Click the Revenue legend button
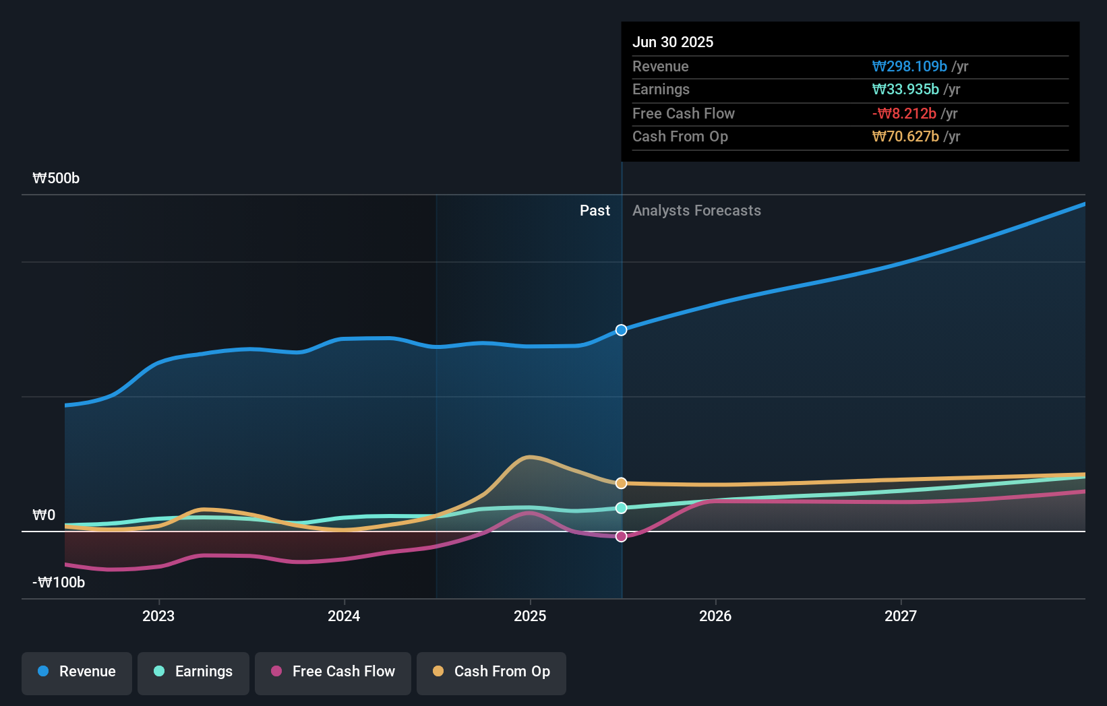click(77, 672)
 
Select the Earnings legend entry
click(193, 672)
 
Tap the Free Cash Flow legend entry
click(333, 672)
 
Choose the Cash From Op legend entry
click(491, 672)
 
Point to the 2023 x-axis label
click(158, 616)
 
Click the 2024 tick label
click(344, 616)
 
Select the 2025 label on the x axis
click(530, 616)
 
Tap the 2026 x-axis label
click(715, 616)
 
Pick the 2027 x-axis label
click(901, 616)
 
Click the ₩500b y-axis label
click(56, 179)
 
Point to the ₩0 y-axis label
click(44, 515)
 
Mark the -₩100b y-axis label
click(59, 583)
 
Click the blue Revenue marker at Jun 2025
click(622, 330)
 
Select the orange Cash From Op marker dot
click(622, 483)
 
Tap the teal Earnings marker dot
click(622, 508)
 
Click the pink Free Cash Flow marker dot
click(622, 536)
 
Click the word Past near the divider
click(595, 211)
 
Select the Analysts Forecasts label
click(696, 211)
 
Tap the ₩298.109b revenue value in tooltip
click(909, 67)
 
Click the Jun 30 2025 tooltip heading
click(673, 42)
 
